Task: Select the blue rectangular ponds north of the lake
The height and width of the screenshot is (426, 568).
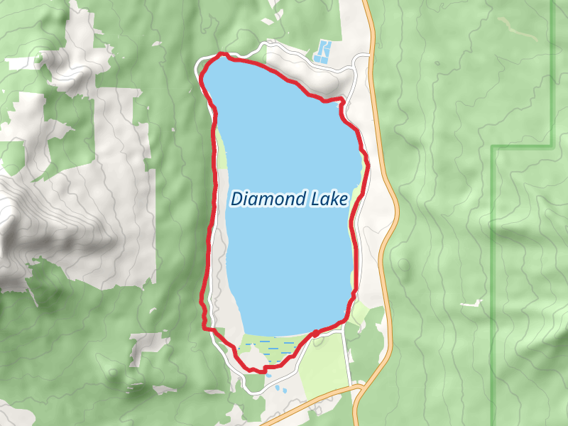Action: pos(323,51)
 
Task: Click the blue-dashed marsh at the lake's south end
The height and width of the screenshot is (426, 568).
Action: pos(273,347)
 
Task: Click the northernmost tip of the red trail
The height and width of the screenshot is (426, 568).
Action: pos(222,53)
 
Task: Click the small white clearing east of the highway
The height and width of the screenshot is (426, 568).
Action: pos(470,304)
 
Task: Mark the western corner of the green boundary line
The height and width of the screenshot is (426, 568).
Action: pos(492,148)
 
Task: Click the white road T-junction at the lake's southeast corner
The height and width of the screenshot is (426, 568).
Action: pos(346,327)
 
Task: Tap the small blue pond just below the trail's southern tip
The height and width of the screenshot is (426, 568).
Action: pos(278,389)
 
